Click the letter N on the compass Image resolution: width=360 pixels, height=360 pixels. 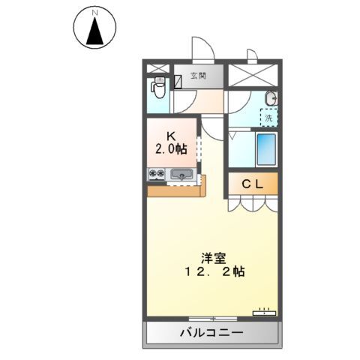[94, 13]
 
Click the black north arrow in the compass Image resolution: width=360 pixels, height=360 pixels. [95, 31]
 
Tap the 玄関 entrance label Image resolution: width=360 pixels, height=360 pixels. [198, 76]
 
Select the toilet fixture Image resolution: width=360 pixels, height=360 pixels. [157, 88]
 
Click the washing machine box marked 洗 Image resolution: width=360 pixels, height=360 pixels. [269, 118]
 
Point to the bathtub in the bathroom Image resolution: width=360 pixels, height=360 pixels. [266, 149]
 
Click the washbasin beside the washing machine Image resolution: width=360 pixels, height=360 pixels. [271, 98]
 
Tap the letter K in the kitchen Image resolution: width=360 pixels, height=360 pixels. [171, 136]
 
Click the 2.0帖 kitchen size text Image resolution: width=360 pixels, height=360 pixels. [171, 149]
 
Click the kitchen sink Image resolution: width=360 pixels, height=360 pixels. [181, 174]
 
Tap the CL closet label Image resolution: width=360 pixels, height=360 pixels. [253, 184]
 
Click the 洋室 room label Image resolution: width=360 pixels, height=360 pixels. [214, 258]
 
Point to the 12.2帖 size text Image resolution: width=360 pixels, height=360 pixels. [214, 271]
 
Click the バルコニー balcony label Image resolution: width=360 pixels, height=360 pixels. [211, 332]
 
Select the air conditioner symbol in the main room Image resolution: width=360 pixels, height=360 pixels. [264, 312]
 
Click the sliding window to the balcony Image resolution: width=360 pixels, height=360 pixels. [213, 319]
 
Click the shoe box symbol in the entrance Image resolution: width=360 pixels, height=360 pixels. [178, 82]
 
